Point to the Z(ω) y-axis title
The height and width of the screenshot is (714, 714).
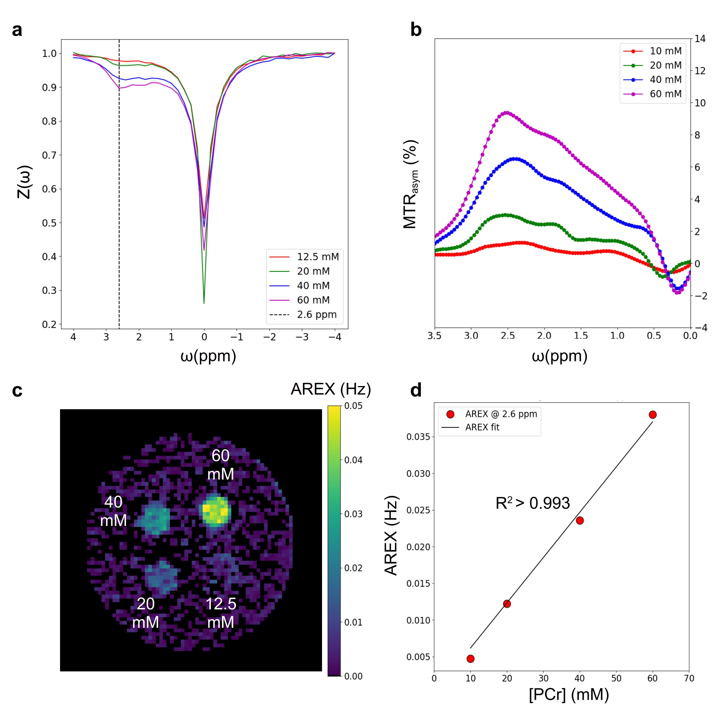(24, 182)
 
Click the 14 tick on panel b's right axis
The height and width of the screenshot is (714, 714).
(700, 39)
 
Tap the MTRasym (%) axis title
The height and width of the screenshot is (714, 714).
(410, 184)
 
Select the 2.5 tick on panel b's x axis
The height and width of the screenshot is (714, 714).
(508, 335)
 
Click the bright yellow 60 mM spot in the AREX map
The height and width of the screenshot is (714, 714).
(215, 510)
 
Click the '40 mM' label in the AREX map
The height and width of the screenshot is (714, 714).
(114, 511)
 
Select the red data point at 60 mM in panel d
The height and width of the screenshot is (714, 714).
(653, 415)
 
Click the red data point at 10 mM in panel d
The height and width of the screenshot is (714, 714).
(470, 659)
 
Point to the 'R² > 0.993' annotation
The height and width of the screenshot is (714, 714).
(532, 503)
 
